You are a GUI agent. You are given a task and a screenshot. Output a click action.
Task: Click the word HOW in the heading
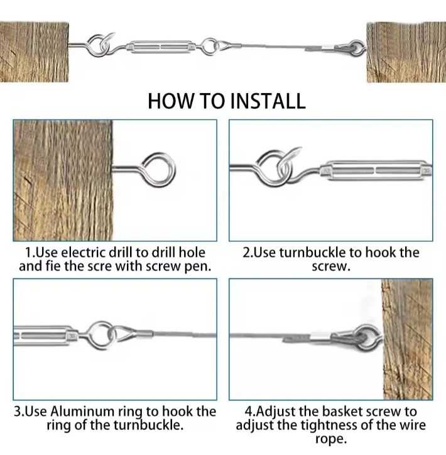170,101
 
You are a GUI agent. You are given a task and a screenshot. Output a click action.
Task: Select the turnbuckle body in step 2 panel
376,171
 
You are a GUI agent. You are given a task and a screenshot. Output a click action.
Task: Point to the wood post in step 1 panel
63,180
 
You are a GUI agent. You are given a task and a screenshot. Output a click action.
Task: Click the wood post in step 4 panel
408,339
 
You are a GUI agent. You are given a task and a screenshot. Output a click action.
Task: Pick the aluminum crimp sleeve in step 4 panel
320,336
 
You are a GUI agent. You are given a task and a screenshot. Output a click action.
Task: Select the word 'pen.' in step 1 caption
198,267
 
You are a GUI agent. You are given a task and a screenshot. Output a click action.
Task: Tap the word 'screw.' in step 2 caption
331,266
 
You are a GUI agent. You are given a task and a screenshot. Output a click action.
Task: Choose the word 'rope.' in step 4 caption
331,439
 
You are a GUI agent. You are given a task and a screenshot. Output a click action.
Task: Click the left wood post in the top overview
34,52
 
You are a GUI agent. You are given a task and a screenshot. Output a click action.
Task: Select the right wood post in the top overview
406,52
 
